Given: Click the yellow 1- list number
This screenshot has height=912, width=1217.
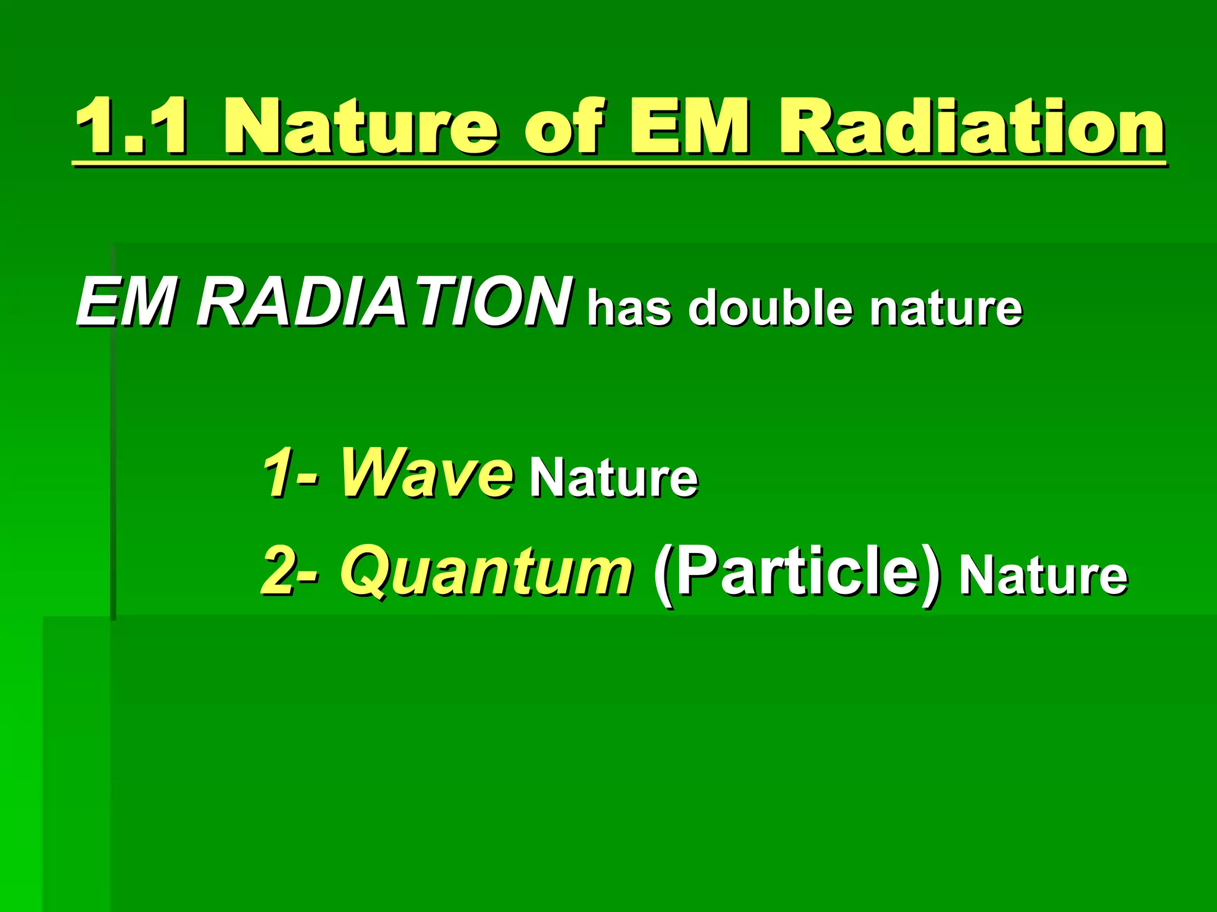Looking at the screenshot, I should (x=291, y=473).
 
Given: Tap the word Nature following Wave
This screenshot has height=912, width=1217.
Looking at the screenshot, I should (x=614, y=479).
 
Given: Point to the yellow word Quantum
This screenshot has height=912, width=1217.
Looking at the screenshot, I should (x=485, y=572).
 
